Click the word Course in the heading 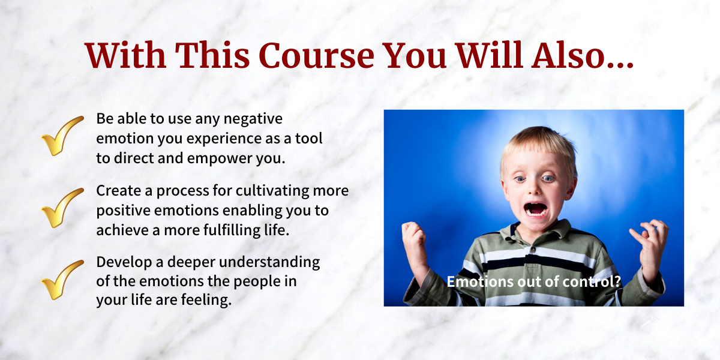pyautogui.click(x=317, y=55)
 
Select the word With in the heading pyautogui.click(x=125, y=55)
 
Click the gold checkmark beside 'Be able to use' pyautogui.click(x=62, y=136)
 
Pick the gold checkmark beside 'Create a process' pyautogui.click(x=62, y=208)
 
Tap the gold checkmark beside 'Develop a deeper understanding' pyautogui.click(x=62, y=280)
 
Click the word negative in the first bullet pyautogui.click(x=253, y=119)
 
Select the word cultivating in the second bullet pyautogui.click(x=272, y=191)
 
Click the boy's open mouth pyautogui.click(x=535, y=209)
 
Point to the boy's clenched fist pyautogui.click(x=415, y=238)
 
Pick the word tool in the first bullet pyautogui.click(x=308, y=139)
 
